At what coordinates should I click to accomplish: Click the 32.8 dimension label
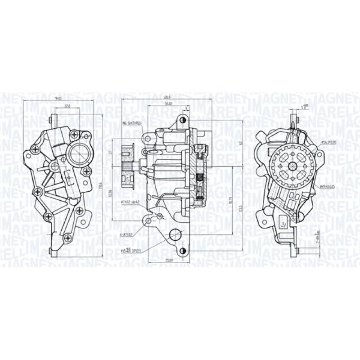click(67, 106)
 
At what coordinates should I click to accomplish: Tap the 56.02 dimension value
click(169, 103)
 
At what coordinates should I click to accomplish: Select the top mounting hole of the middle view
click(182, 121)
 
